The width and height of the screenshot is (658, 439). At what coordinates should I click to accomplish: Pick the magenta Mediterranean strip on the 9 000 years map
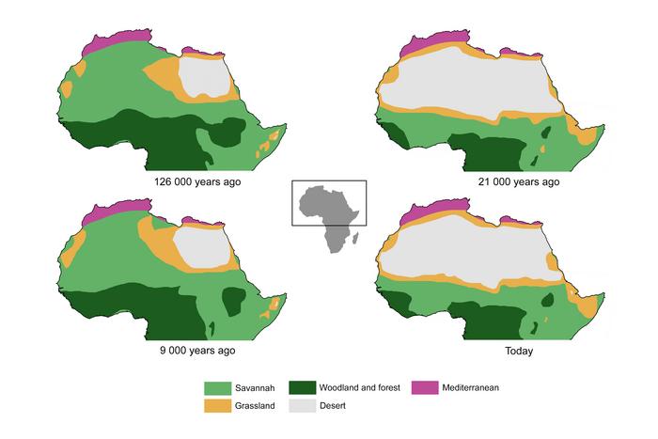pos(103,212)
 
